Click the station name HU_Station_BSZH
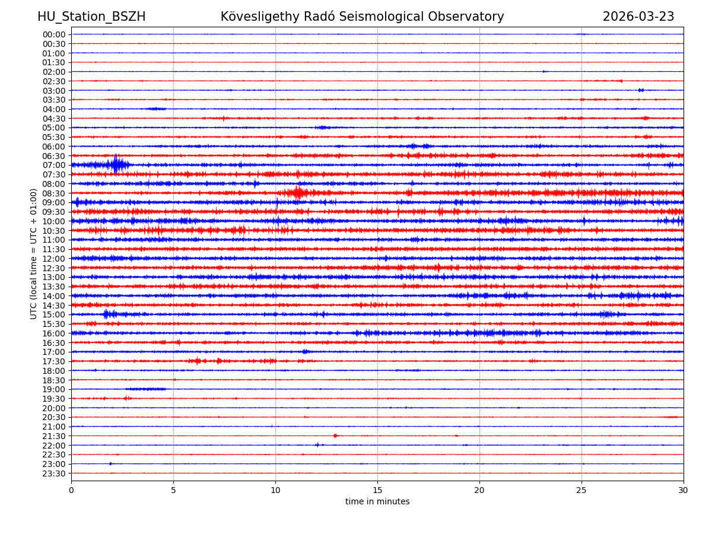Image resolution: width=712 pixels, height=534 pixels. tap(91, 17)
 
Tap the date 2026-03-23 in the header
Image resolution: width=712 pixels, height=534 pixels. tap(638, 17)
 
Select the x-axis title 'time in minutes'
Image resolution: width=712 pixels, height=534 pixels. tap(377, 501)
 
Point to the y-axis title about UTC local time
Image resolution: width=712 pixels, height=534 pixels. tap(34, 253)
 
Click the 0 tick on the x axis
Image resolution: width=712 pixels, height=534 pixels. tap(71, 490)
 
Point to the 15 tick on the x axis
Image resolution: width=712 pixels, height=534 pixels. tap(377, 490)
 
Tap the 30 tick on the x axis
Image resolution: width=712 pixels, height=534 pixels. tap(684, 490)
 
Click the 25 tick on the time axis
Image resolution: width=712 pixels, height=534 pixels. tap(581, 490)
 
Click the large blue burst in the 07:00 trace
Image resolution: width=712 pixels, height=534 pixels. tap(116, 164)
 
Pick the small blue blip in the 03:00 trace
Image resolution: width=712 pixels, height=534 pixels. tap(641, 90)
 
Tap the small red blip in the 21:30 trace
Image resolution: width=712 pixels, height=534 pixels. tap(335, 436)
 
